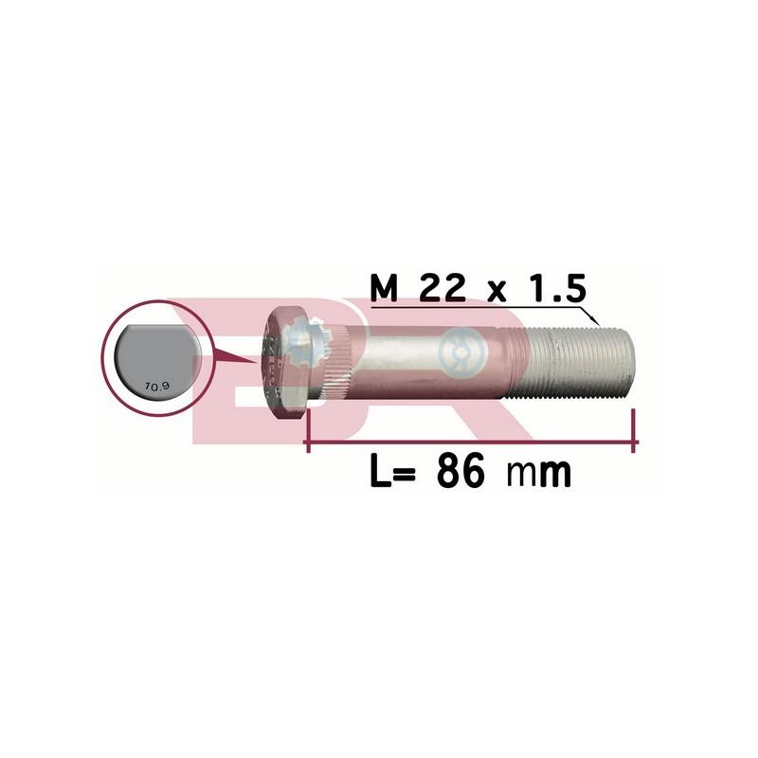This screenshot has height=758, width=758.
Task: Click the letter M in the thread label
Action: [384, 288]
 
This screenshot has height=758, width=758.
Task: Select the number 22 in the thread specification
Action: [442, 288]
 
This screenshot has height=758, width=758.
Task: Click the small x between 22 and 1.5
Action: [496, 292]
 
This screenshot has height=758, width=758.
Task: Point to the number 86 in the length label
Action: [460, 471]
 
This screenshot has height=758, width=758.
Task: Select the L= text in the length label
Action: [392, 471]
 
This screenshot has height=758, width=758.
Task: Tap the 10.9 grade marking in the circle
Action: [156, 386]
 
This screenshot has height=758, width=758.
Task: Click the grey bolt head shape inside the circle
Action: [156, 360]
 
